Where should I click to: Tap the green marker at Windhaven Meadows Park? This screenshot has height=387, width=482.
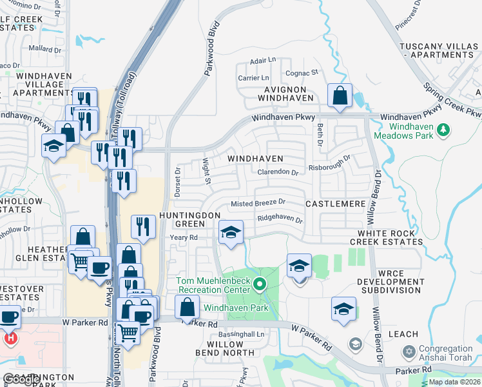[x=443, y=131]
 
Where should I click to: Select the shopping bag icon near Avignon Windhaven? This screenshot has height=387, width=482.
[x=340, y=97]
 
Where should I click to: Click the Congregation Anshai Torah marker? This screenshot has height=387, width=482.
[x=408, y=352]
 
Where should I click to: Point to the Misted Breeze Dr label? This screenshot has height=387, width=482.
[x=258, y=203]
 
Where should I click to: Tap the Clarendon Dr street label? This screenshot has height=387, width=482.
[x=278, y=173]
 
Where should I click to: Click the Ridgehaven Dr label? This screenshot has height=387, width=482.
[x=280, y=219]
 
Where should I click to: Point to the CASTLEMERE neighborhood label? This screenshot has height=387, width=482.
[x=336, y=204]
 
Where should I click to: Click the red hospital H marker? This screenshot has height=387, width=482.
[x=10, y=338]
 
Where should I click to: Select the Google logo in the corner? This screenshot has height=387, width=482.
[x=19, y=380]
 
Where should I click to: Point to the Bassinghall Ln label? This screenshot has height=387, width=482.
[x=242, y=335]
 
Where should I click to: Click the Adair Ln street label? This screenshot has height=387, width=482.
[x=263, y=61]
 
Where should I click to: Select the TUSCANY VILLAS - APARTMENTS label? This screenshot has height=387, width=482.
[x=439, y=51]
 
